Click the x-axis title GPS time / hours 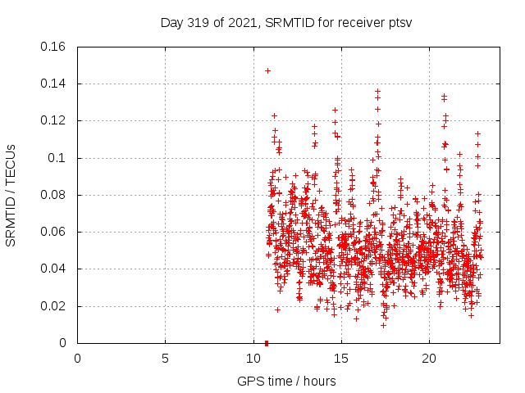coord(286,382)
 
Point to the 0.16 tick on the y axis coord(54,47)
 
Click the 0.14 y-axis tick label coord(54,84)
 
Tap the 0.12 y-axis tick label coord(54,120)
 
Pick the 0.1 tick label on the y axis coord(57,158)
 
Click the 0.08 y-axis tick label coord(54,195)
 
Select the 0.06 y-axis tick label coord(54,232)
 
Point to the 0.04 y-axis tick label coord(54,269)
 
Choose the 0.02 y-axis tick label coord(54,306)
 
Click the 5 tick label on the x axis coord(165,358)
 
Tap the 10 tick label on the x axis coord(253,358)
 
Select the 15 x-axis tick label coord(340,358)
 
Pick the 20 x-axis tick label coord(428,358)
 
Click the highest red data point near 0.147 coord(267,70)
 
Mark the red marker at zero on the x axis coord(267,343)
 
